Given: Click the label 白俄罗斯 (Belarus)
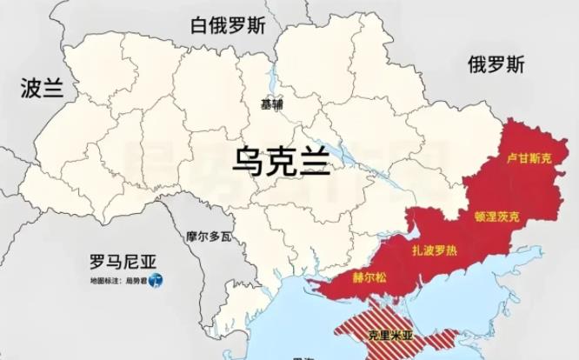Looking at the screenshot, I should pyautogui.click(x=229, y=25).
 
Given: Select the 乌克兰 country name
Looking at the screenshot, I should pyautogui.click(x=280, y=160).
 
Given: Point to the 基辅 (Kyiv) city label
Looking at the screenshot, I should pyautogui.click(x=272, y=104).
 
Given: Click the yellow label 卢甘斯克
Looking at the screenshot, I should pyautogui.click(x=529, y=160).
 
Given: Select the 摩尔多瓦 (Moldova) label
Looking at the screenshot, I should pyautogui.click(x=210, y=236).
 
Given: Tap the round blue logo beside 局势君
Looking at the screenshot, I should pyautogui.click(x=155, y=281).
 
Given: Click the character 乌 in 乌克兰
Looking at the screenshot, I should pyautogui.click(x=244, y=160).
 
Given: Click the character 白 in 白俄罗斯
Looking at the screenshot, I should pyautogui.click(x=200, y=25).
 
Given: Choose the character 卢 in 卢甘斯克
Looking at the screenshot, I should pyautogui.click(x=512, y=160).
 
